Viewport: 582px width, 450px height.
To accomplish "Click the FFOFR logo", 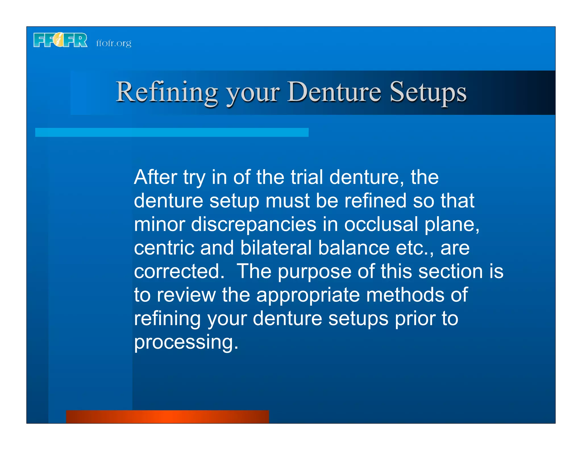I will [x=60, y=40].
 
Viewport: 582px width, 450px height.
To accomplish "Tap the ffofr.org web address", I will [x=114, y=43].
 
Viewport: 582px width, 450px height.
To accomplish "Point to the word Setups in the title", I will [x=428, y=92].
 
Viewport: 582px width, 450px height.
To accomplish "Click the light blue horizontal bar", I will [x=172, y=132].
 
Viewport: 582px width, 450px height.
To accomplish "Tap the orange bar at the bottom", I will [x=167, y=416].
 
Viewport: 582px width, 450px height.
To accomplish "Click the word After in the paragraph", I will [x=155, y=177].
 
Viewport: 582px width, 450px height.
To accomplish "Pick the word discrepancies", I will [x=253, y=224].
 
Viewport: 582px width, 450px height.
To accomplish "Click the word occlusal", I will [x=381, y=224].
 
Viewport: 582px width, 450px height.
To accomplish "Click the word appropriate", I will [x=308, y=296].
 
